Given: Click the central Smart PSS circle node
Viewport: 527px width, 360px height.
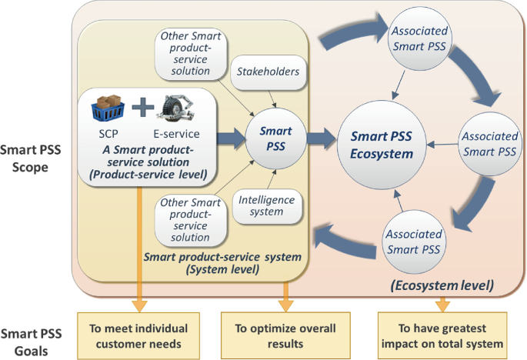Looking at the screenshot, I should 275,138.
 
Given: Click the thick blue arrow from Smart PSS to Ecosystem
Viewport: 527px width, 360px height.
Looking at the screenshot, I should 320,139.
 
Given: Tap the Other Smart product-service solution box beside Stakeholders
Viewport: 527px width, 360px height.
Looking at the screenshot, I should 185,54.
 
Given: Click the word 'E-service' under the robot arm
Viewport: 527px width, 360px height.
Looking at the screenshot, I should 175,133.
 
